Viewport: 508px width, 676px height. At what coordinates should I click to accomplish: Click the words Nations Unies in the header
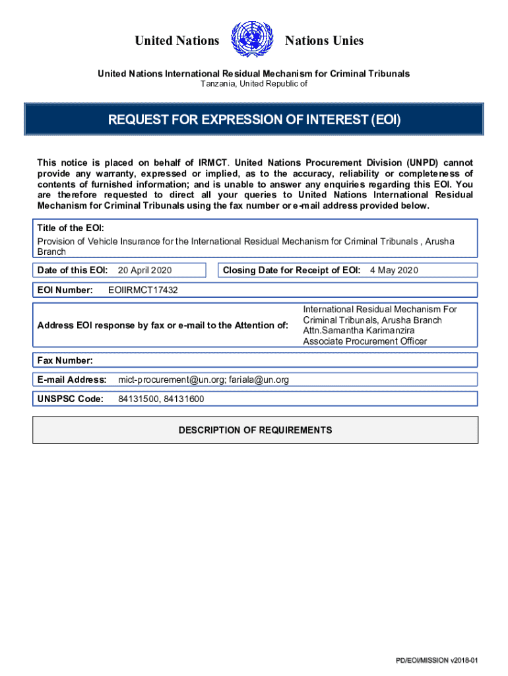324,41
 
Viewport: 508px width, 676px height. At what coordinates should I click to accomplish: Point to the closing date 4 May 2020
394,270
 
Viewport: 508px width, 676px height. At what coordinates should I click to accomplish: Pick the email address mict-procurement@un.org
171,380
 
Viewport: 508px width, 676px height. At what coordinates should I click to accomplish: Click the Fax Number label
65,360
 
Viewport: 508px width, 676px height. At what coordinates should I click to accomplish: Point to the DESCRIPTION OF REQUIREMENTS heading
255,430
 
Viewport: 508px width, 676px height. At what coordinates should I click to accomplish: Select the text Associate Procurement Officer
365,341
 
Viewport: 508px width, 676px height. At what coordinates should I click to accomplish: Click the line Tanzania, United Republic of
254,84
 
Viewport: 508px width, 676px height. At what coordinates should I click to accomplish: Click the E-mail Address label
72,380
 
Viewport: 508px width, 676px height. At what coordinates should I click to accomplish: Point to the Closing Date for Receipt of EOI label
292,270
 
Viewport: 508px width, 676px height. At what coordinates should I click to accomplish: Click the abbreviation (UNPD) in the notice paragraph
422,162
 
